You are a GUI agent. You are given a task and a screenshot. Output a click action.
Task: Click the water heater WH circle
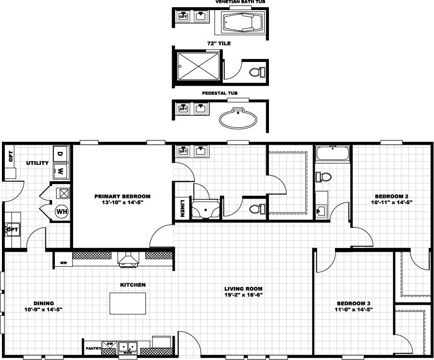pyautogui.click(x=62, y=212)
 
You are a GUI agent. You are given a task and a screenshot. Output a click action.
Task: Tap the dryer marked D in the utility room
pyautogui.click(x=60, y=154)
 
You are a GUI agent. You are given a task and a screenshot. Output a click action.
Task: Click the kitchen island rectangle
pyautogui.click(x=128, y=303)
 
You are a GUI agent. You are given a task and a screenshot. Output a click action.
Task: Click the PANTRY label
pyautogui.click(x=93, y=348)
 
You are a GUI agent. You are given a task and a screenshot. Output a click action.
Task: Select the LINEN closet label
pyautogui.click(x=182, y=208)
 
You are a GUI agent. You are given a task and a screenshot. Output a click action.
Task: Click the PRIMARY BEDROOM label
pyautogui.click(x=122, y=196)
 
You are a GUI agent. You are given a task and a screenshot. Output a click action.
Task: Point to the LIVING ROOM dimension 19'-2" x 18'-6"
pyautogui.click(x=243, y=295)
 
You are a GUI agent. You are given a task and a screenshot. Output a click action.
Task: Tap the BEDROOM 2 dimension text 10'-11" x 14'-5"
pyautogui.click(x=392, y=202)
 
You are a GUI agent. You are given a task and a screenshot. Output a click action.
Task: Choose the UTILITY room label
pyautogui.click(x=38, y=163)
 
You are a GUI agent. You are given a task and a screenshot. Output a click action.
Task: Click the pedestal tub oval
pyautogui.click(x=238, y=119)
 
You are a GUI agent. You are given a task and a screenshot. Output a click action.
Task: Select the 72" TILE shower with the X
pyautogui.click(x=198, y=66)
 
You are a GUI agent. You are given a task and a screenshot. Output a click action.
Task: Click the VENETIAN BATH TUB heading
pyautogui.click(x=240, y=1)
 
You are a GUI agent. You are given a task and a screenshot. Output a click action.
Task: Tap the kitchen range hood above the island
pyautogui.click(x=128, y=260)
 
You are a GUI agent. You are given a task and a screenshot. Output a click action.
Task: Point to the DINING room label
pyautogui.click(x=43, y=303)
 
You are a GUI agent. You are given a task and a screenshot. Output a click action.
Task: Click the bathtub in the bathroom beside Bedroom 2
pyautogui.click(x=332, y=153)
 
